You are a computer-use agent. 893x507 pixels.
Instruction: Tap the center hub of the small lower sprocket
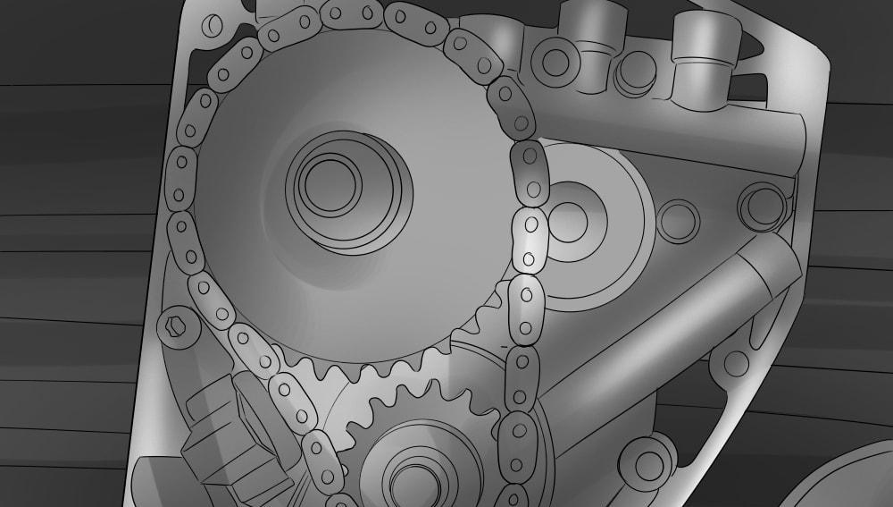(x=410, y=477)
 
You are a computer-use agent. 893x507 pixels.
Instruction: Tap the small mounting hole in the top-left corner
(x=213, y=25)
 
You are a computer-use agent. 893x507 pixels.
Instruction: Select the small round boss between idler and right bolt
(x=678, y=220)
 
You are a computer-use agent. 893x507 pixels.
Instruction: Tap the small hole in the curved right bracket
(x=735, y=363)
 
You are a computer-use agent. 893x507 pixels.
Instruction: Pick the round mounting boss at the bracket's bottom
(x=647, y=461)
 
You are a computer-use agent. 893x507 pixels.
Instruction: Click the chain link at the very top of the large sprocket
(x=353, y=13)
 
